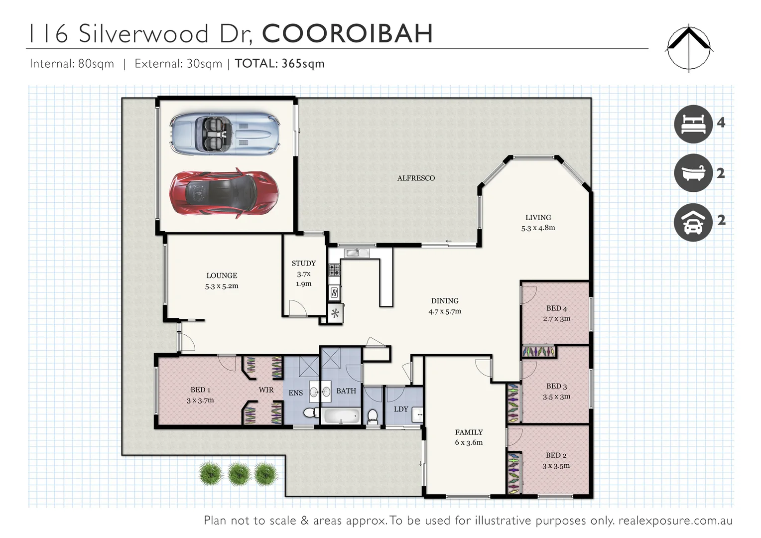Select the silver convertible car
224,133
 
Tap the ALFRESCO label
416,178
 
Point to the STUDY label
303,263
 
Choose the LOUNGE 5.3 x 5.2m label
222,280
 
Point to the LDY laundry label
401,409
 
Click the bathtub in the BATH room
341,416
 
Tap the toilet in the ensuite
309,413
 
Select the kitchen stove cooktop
334,270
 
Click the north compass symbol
689,48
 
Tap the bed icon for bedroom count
693,124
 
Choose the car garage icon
693,222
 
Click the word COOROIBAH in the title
347,34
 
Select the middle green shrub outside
239,474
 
